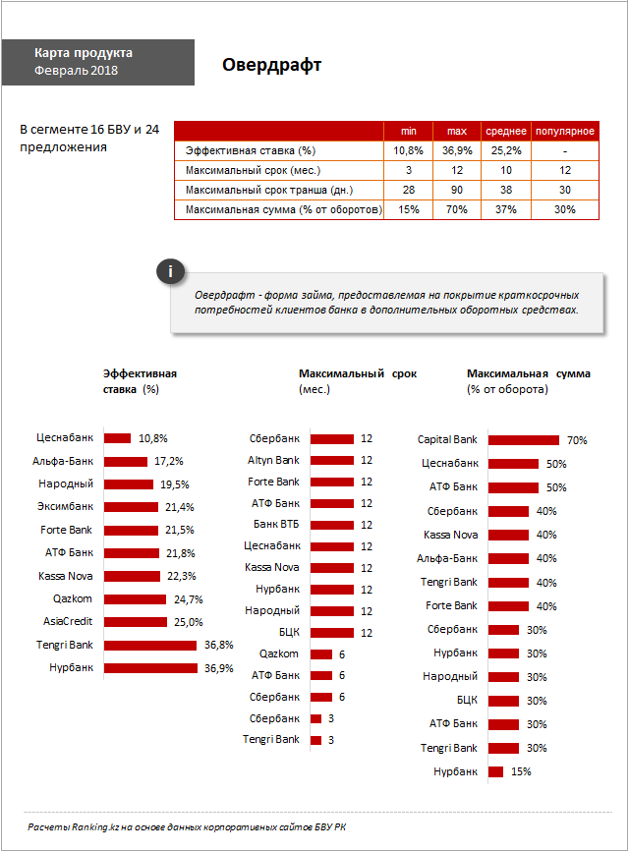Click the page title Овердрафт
click(271, 65)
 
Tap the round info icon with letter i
click(171, 271)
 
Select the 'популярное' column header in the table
click(565, 131)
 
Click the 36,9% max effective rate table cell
click(457, 150)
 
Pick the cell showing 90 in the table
click(457, 190)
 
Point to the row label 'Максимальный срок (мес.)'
click(253, 170)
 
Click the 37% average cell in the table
click(505, 209)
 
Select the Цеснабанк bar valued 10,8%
click(117, 438)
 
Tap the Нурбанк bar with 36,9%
click(150, 668)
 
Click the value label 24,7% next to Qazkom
click(188, 599)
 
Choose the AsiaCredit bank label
click(68, 621)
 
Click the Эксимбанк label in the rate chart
click(65, 506)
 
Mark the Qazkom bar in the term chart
click(321, 654)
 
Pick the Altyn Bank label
click(273, 460)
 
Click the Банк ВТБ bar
click(332, 525)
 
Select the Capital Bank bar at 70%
click(524, 440)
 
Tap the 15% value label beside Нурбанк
click(521, 771)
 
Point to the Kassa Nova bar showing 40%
click(508, 536)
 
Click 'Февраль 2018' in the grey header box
click(76, 70)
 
